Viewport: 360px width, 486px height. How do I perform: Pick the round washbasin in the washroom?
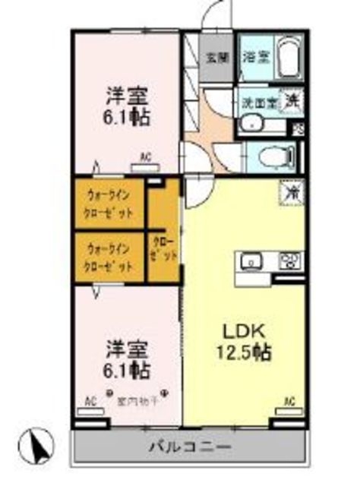point(251,124)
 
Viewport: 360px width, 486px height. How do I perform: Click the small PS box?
point(298,130)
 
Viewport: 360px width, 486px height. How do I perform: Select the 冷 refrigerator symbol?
point(292,192)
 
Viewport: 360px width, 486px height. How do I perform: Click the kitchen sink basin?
point(251,262)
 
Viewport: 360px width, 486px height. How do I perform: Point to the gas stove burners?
point(289,261)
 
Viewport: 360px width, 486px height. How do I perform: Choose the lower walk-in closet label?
point(110,257)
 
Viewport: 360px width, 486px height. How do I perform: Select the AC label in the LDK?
point(289,401)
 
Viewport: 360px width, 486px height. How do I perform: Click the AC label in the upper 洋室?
point(145,157)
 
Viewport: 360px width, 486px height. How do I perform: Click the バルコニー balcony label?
point(190,447)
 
